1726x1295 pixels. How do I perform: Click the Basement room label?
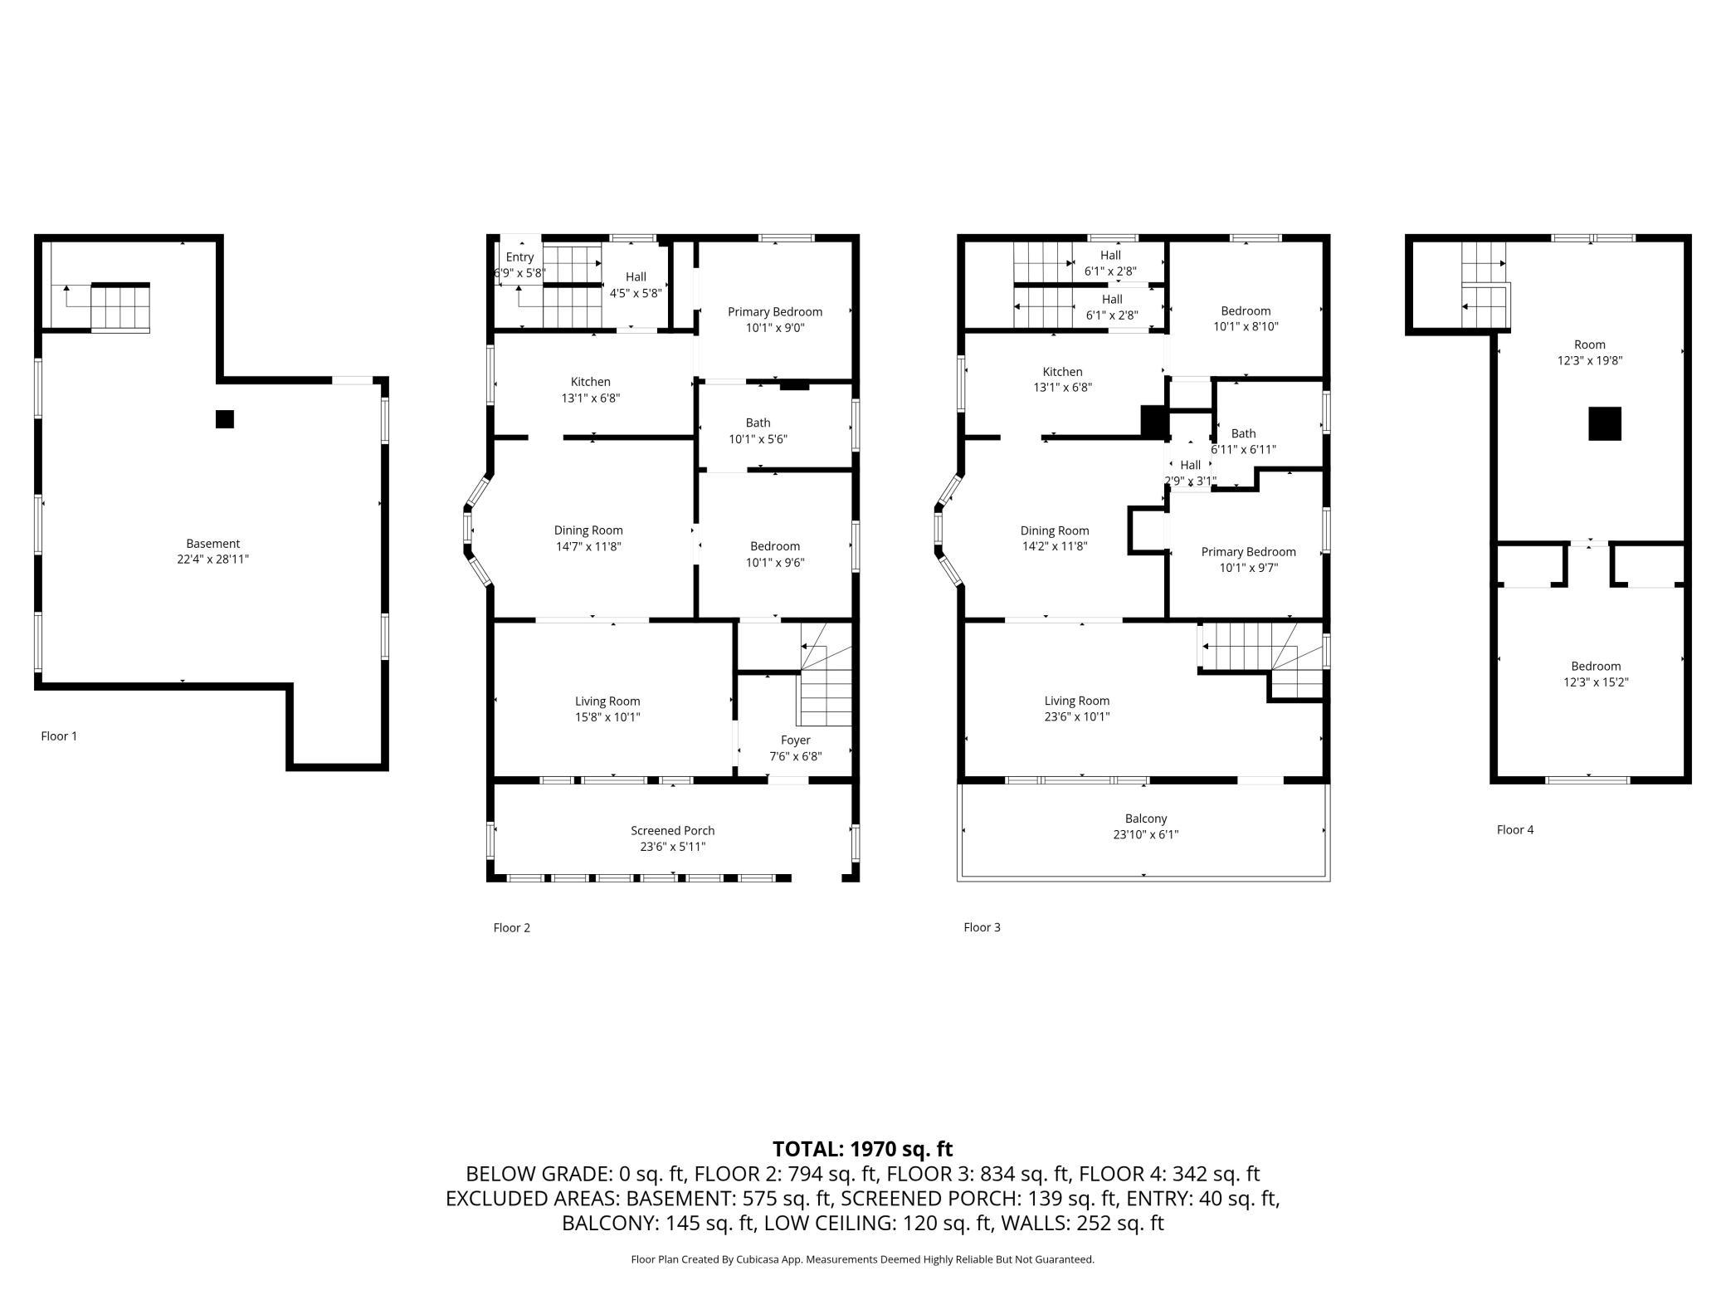tap(213, 544)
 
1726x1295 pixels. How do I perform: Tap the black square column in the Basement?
tap(225, 419)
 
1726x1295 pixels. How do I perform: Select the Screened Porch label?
tap(672, 830)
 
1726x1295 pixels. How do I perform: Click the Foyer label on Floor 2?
tap(796, 740)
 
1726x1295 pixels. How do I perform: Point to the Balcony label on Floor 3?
tap(1146, 819)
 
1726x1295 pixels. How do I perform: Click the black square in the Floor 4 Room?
tap(1605, 423)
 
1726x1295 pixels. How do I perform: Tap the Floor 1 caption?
tap(59, 736)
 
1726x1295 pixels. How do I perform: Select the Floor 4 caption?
tap(1515, 829)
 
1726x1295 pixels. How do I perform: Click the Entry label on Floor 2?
tap(520, 257)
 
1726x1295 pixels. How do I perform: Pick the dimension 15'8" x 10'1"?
tap(608, 717)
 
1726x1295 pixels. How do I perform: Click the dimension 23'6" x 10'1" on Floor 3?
tap(1077, 716)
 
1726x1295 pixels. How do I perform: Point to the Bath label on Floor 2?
tap(758, 423)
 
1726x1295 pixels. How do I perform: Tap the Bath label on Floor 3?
tap(1243, 433)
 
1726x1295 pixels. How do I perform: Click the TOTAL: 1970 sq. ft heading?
tap(863, 1149)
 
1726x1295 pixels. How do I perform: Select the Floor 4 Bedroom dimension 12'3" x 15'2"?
tap(1596, 682)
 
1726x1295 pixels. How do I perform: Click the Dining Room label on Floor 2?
tap(588, 530)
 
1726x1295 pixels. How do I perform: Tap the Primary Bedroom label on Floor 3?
tap(1248, 552)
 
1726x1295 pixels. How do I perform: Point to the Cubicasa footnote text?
tap(863, 1259)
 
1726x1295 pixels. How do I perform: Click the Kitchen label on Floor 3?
tap(1063, 372)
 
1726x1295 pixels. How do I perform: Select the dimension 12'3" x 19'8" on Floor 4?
tap(1590, 360)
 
